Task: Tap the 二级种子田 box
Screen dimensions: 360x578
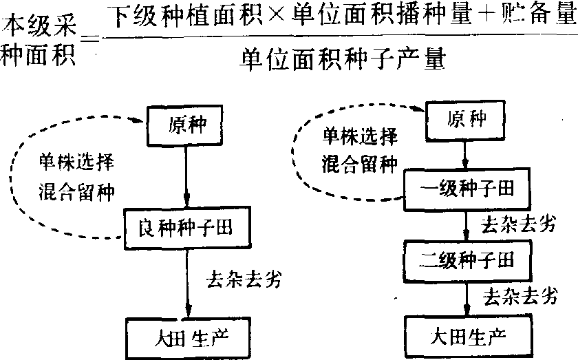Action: tap(468, 261)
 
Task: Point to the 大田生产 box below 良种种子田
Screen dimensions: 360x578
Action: tap(184, 337)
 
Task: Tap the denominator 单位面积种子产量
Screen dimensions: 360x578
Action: tap(340, 61)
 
